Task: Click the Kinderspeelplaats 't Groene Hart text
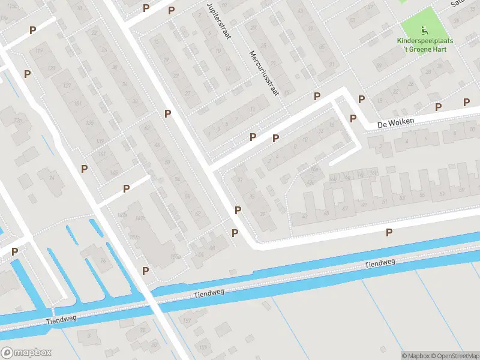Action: click(x=425, y=45)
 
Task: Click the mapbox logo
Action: click(x=26, y=353)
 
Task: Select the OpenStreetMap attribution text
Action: click(x=454, y=356)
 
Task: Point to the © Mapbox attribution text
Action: click(x=416, y=356)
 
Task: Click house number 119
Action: click(x=40, y=52)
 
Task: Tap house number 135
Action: click(x=90, y=123)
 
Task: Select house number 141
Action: click(x=101, y=154)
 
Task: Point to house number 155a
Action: click(x=176, y=257)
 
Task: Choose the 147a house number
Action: click(x=123, y=214)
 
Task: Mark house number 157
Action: click(x=187, y=322)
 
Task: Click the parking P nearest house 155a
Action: click(x=145, y=271)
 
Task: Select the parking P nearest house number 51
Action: click(x=389, y=232)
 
